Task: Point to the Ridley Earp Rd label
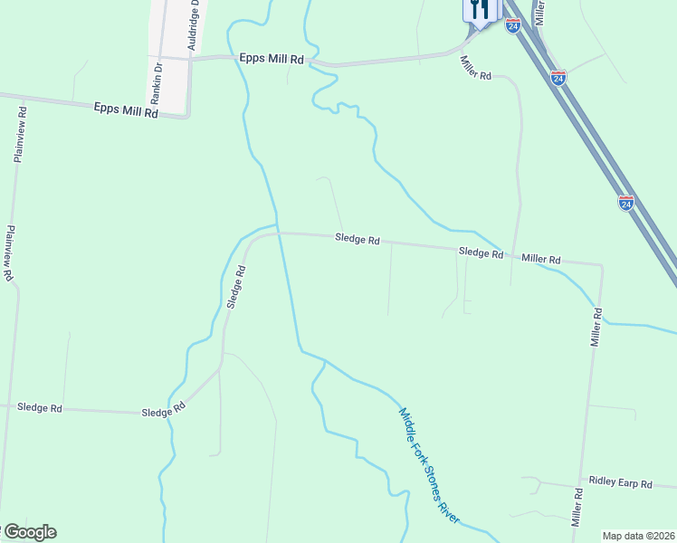[620, 483]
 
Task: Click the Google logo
[29, 532]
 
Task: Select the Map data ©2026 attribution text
[639, 536]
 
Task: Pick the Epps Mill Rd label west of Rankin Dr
[125, 110]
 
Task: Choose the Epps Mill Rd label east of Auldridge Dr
[272, 58]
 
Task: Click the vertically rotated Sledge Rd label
[236, 287]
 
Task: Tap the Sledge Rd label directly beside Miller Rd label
[481, 253]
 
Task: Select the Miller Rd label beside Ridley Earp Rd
[577, 508]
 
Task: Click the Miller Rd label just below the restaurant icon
[474, 69]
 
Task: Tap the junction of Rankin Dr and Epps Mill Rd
[158, 57]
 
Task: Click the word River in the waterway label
[451, 509]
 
